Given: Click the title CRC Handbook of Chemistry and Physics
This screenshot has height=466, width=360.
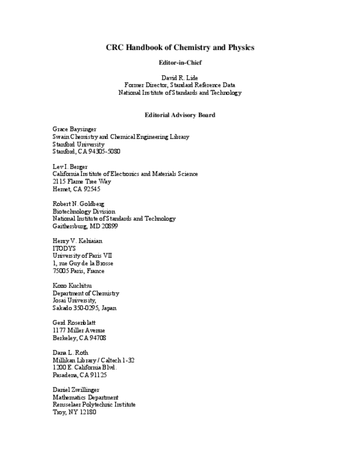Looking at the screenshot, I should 180,48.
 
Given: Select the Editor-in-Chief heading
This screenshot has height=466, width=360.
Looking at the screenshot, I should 180,63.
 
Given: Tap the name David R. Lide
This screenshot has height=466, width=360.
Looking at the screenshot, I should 180,77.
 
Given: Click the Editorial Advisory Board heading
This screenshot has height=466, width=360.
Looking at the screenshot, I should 180,115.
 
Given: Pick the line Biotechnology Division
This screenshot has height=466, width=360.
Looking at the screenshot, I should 84,212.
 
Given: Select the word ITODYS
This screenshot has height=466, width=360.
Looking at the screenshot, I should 64,248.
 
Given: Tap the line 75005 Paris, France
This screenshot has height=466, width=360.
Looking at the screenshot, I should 79,271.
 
